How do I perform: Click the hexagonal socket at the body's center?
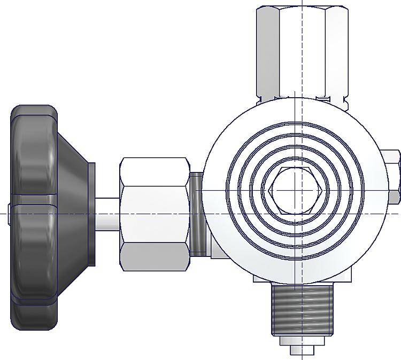295,190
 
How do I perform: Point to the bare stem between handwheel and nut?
107,214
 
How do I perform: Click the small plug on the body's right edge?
394,176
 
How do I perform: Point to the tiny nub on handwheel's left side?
10,208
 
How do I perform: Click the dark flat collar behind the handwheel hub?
92,214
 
